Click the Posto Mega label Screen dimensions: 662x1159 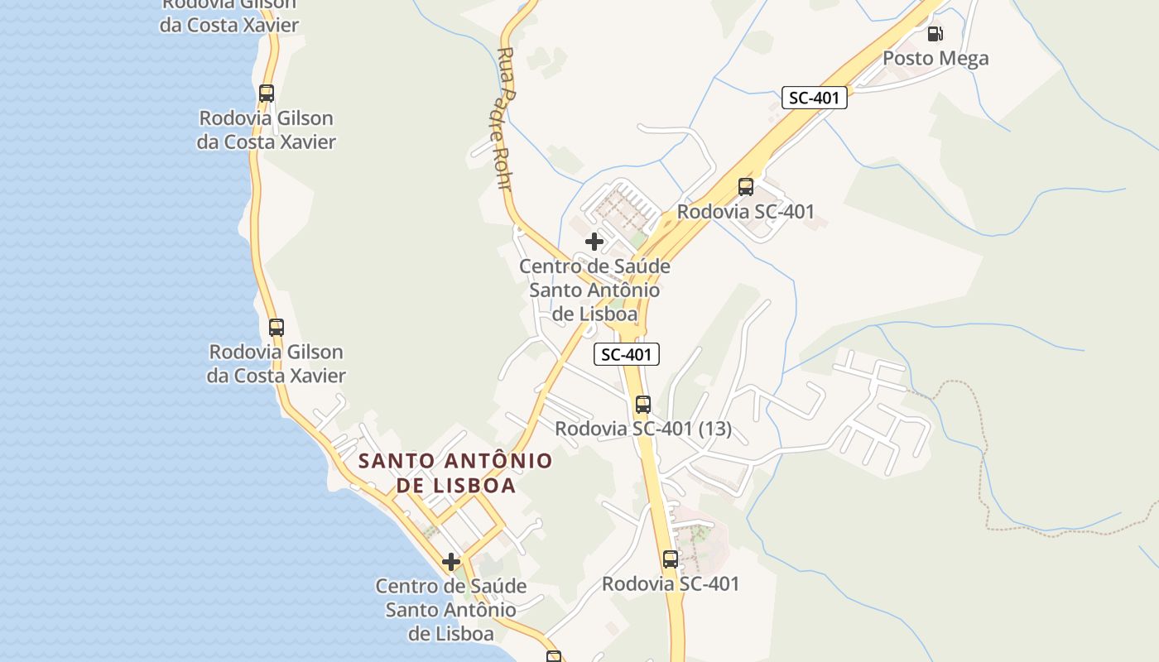click(935, 58)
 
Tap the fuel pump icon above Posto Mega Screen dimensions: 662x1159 click(935, 34)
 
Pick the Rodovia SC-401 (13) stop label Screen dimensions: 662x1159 click(643, 429)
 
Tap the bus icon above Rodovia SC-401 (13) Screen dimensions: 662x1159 click(643, 405)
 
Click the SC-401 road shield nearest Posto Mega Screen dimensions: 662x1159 click(814, 98)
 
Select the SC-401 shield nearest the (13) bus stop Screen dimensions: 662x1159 click(627, 355)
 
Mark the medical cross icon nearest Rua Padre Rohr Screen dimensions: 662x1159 click(594, 242)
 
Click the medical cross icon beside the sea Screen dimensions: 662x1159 click(451, 563)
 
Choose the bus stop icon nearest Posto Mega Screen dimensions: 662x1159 click(746, 187)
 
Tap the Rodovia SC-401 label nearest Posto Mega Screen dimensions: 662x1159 click(746, 211)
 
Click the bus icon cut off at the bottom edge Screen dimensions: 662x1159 click(554, 657)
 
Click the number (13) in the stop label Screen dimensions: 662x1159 click(714, 429)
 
